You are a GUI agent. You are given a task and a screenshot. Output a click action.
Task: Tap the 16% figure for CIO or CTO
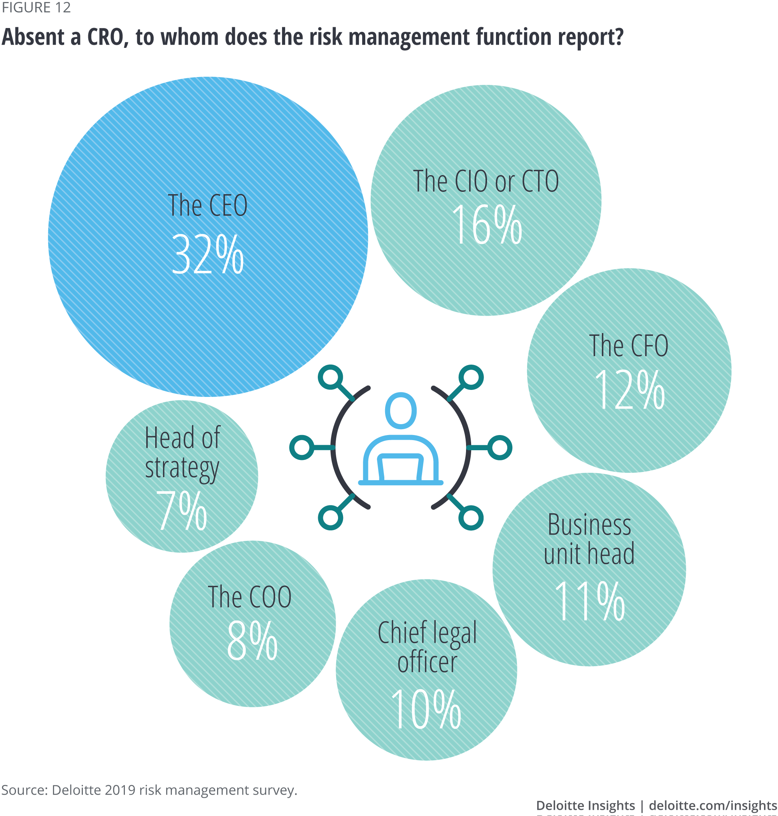487,225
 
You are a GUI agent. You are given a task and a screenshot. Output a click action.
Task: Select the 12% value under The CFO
629,390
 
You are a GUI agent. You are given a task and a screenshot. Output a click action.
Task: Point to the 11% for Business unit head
589,601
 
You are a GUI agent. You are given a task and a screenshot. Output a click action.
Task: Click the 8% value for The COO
252,641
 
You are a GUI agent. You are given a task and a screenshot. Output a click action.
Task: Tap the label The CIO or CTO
486,181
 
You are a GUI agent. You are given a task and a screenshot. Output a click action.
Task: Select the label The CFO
629,346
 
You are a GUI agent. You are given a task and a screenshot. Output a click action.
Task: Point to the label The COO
250,597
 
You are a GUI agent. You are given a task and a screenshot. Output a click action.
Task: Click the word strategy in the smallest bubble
182,469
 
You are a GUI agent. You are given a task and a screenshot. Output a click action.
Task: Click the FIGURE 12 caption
36,7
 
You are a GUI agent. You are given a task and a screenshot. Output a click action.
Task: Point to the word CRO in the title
105,37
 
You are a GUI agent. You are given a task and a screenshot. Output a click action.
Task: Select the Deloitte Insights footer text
585,805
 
